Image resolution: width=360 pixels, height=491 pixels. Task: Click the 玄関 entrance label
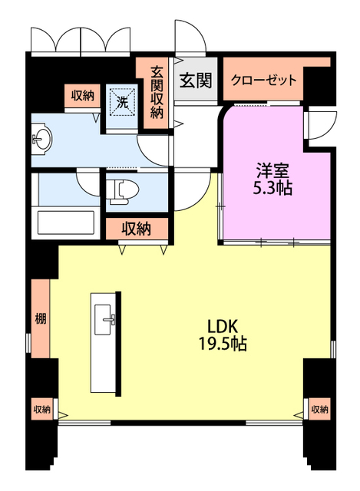pos(196,80)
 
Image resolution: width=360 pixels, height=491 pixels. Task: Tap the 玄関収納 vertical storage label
pos(157,91)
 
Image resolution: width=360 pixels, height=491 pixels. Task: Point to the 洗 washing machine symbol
pos(122,101)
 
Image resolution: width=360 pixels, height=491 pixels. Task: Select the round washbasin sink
pos(41,140)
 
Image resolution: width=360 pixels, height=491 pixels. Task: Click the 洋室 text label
pos(273,170)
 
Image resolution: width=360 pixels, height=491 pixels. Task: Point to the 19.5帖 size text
pos(219,344)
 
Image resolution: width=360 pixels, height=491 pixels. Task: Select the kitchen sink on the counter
pos(105,321)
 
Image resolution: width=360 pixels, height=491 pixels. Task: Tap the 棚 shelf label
pos(38,318)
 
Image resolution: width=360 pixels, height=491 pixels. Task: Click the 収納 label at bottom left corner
pos(41,410)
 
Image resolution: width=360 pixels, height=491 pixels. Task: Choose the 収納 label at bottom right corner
pos(320,410)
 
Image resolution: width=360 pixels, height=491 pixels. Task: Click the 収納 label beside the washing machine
pos(83,96)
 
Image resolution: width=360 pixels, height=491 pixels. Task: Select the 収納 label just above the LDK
pos(136,228)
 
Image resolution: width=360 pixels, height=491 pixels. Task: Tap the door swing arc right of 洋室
pos(321,124)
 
